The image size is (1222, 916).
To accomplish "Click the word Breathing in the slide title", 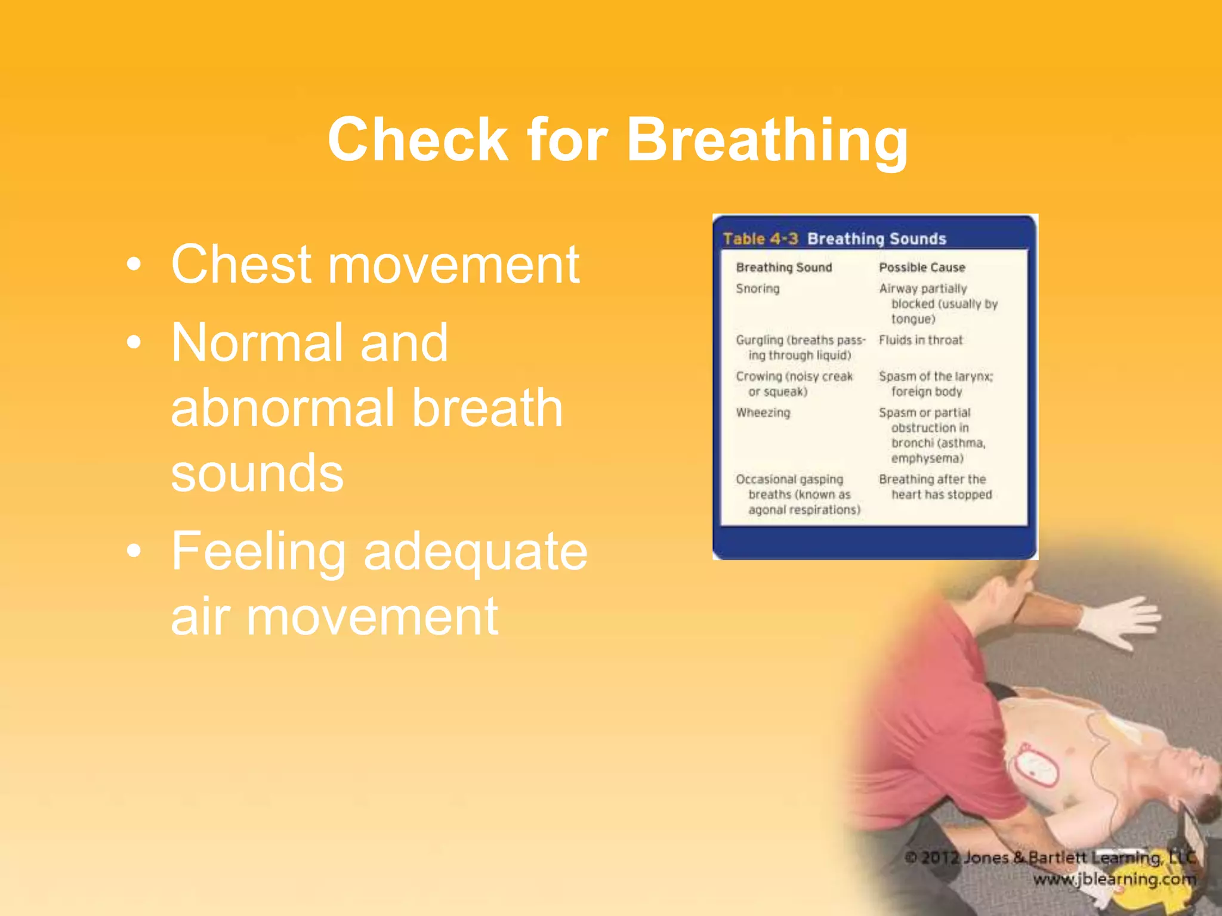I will (766, 141).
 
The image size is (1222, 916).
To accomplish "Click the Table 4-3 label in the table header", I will (760, 239).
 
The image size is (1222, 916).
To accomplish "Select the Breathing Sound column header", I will (783, 268).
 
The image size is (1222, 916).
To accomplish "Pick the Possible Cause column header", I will (921, 268).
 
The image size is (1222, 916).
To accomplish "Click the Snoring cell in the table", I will (757, 289).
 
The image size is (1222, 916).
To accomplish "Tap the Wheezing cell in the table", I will (763, 413).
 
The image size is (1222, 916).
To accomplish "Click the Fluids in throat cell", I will (920, 340).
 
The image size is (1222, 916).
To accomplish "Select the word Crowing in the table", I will (758, 376).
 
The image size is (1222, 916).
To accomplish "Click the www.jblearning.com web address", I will (1114, 880).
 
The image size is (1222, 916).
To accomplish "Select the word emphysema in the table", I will (927, 459).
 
